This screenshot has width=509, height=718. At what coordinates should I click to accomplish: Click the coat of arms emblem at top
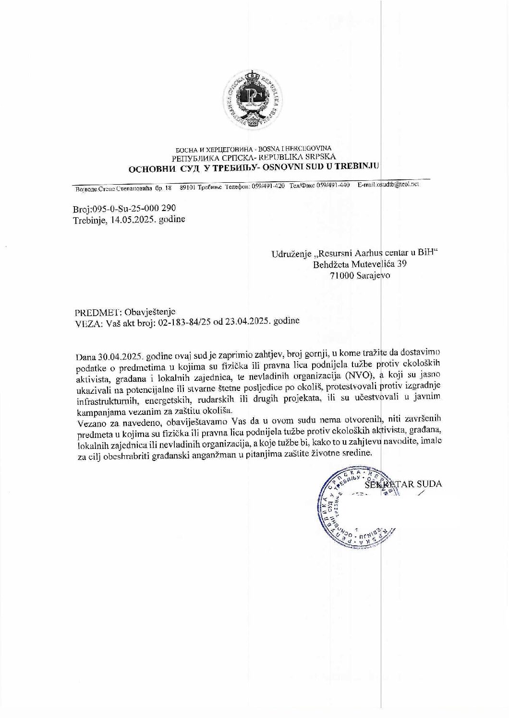[x=254, y=98]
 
